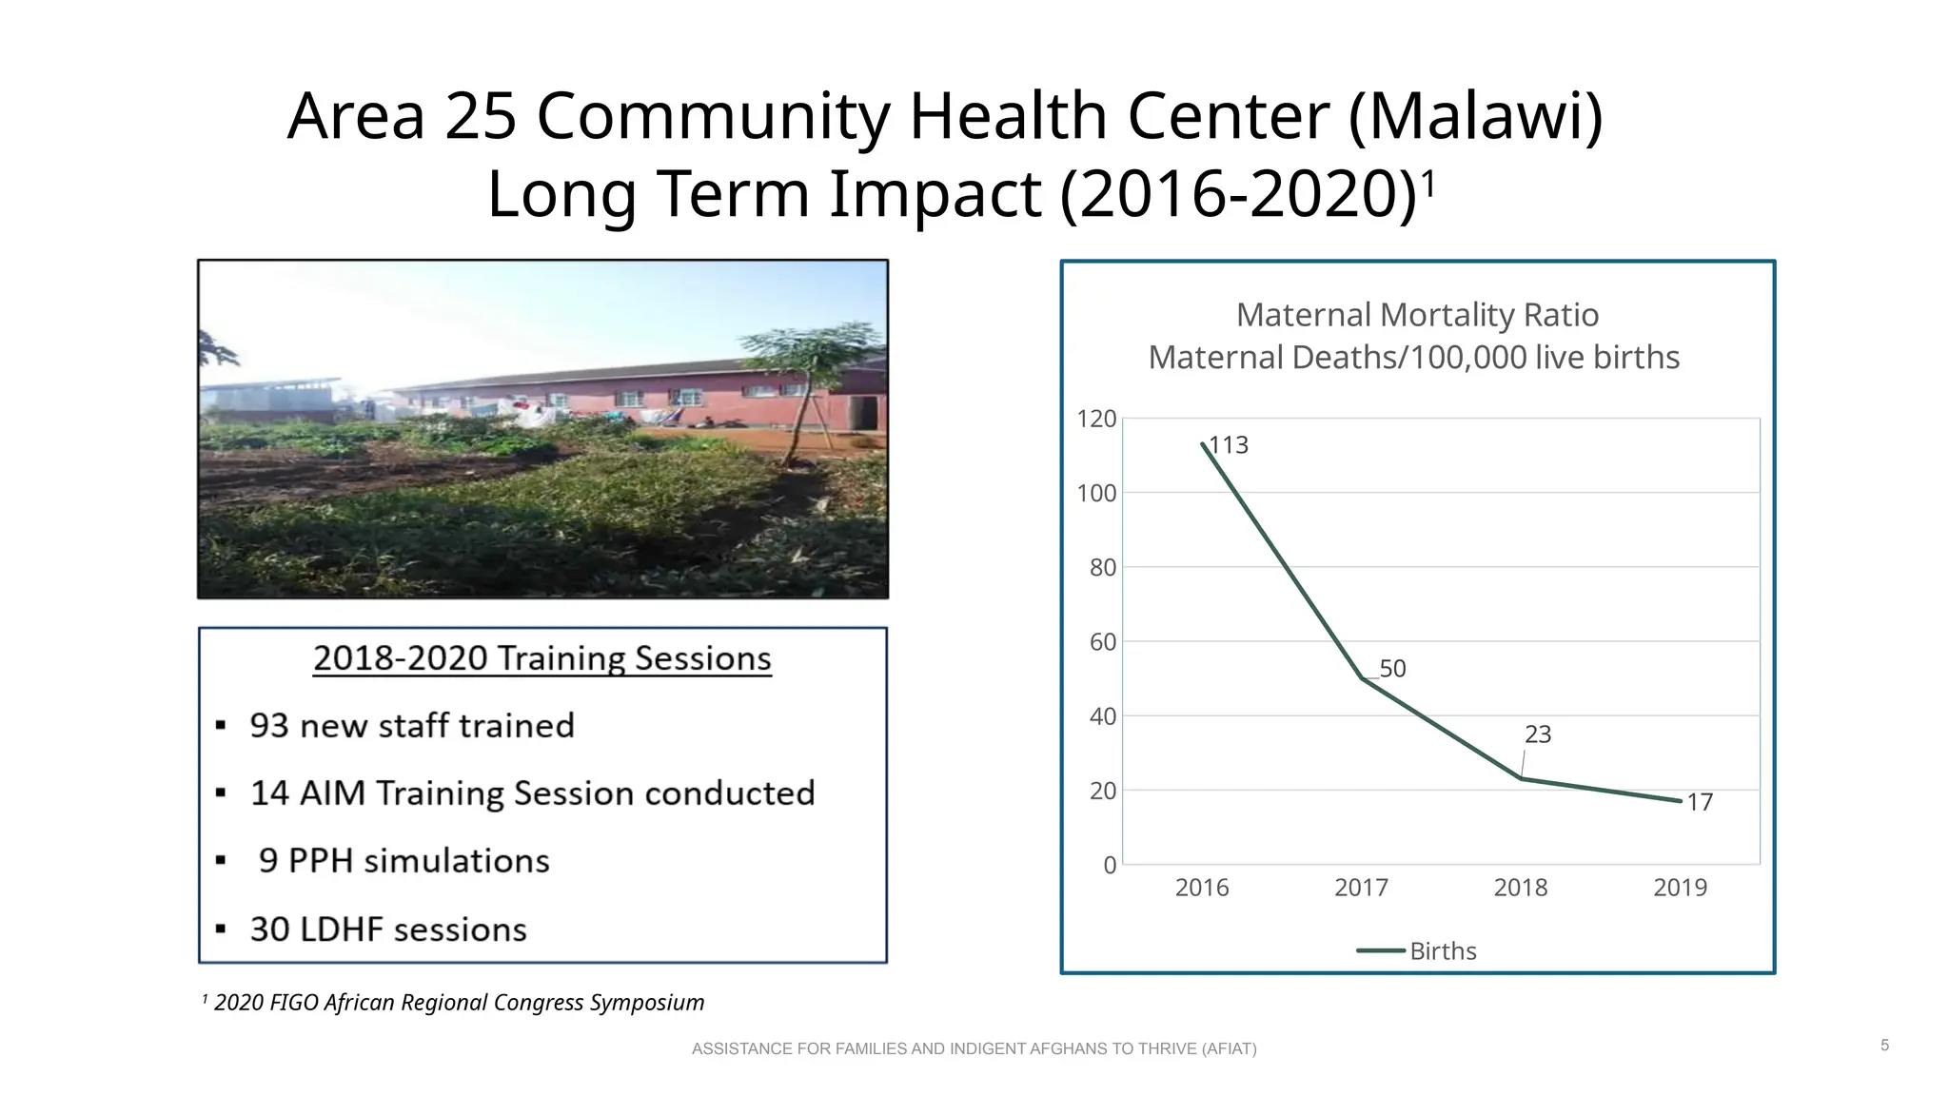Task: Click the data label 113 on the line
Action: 1229,445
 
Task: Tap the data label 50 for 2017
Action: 1392,669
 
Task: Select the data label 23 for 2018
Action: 1538,734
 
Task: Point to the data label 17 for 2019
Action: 1700,802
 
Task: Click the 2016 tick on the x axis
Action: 1202,888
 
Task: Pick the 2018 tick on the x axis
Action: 1521,888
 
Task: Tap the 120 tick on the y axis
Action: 1096,419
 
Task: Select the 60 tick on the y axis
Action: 1102,642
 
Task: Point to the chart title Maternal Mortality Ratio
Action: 1417,315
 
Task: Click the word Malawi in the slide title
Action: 1476,116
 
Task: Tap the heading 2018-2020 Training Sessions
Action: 542,658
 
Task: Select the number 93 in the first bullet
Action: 268,726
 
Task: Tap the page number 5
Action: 1885,1046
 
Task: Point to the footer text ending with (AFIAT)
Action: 974,1048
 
